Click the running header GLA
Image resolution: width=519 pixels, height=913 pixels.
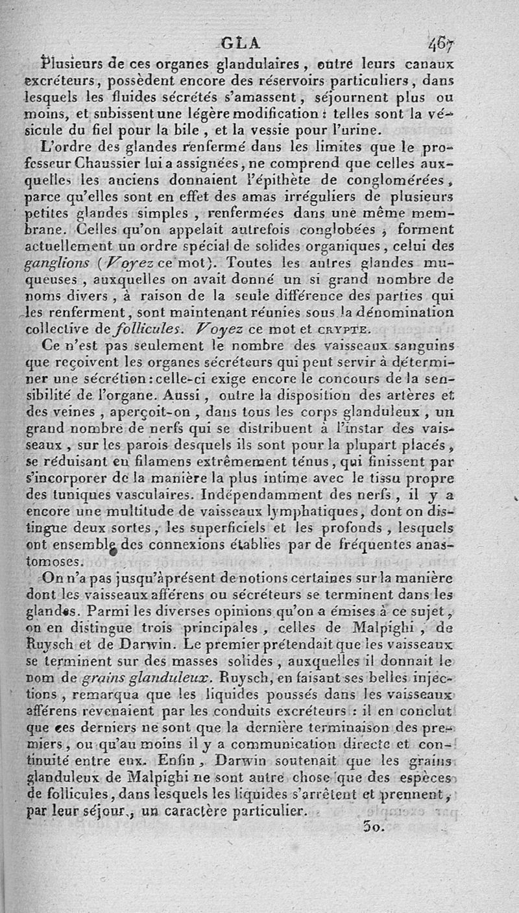[x=240, y=43]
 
